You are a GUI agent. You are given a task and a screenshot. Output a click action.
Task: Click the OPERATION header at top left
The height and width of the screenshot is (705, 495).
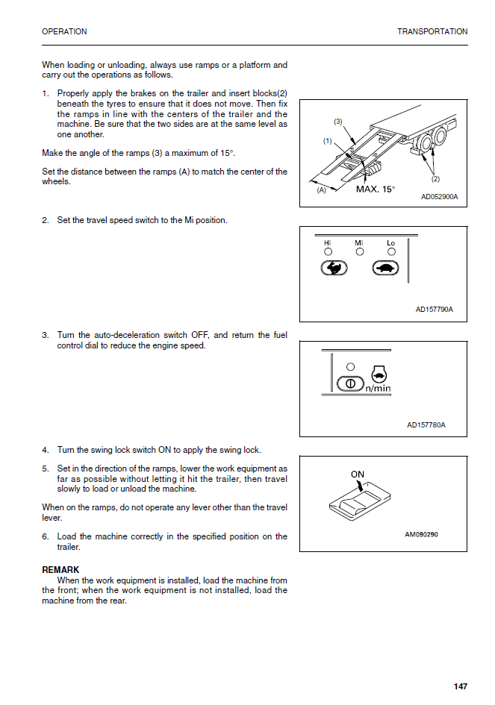pos(64,31)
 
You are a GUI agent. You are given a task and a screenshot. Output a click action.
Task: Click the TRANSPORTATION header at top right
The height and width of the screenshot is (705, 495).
pos(432,31)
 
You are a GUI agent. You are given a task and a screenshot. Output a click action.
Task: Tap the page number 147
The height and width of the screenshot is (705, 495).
pos(460,686)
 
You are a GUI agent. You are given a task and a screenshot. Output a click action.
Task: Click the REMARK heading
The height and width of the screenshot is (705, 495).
pos(60,570)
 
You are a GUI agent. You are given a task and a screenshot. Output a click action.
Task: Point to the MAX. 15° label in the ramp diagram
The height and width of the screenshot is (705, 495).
pos(376,189)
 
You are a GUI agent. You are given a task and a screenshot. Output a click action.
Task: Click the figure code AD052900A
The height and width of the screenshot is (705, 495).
pos(439,198)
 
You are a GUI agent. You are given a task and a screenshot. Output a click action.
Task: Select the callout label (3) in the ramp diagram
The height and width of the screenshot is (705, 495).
pos(337,121)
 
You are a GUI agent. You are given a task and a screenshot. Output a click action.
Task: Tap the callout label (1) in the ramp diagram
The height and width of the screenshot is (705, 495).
pos(327,140)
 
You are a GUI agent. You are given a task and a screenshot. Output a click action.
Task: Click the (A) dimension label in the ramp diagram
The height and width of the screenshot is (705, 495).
pos(322,190)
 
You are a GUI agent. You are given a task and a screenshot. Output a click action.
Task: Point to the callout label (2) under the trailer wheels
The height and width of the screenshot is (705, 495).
pos(435,179)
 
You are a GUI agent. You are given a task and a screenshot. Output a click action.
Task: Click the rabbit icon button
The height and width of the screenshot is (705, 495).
pos(334,269)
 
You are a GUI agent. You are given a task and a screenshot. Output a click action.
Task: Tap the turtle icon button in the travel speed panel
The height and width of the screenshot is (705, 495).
pos(385,269)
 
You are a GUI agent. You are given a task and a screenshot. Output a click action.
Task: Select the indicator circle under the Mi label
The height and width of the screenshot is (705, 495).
pos(359,252)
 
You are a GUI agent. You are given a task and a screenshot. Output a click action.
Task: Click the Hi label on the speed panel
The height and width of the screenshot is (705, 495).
pos(327,243)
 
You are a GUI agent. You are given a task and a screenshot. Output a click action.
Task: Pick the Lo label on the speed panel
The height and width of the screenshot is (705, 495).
pos(390,243)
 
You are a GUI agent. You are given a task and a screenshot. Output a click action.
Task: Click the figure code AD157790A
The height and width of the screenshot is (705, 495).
pos(435,310)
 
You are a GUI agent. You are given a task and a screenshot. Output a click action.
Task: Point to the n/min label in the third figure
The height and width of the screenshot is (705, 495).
pos(378,389)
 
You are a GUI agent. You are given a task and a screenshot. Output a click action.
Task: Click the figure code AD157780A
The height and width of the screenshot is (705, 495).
pos(426,425)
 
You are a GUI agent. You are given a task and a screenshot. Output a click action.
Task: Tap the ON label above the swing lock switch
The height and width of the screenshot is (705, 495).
pos(358,474)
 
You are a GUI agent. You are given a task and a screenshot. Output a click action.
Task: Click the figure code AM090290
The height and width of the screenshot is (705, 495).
pos(421,534)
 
